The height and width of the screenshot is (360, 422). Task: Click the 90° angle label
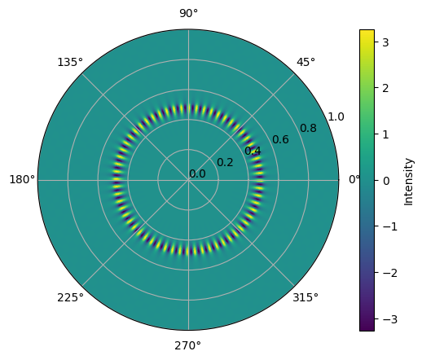click(x=188, y=13)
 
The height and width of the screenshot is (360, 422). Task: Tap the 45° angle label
click(x=306, y=62)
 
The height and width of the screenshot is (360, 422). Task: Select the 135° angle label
click(x=70, y=62)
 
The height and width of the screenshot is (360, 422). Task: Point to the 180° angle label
click(x=22, y=179)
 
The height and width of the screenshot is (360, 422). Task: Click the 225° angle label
click(x=70, y=297)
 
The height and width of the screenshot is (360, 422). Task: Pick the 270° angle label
click(x=187, y=346)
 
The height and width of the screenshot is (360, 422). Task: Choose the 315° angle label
click(x=306, y=297)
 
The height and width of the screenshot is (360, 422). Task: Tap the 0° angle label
click(x=354, y=179)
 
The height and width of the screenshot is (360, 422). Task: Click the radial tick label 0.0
click(x=197, y=173)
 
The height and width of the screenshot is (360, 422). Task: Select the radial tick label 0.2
click(x=225, y=162)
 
